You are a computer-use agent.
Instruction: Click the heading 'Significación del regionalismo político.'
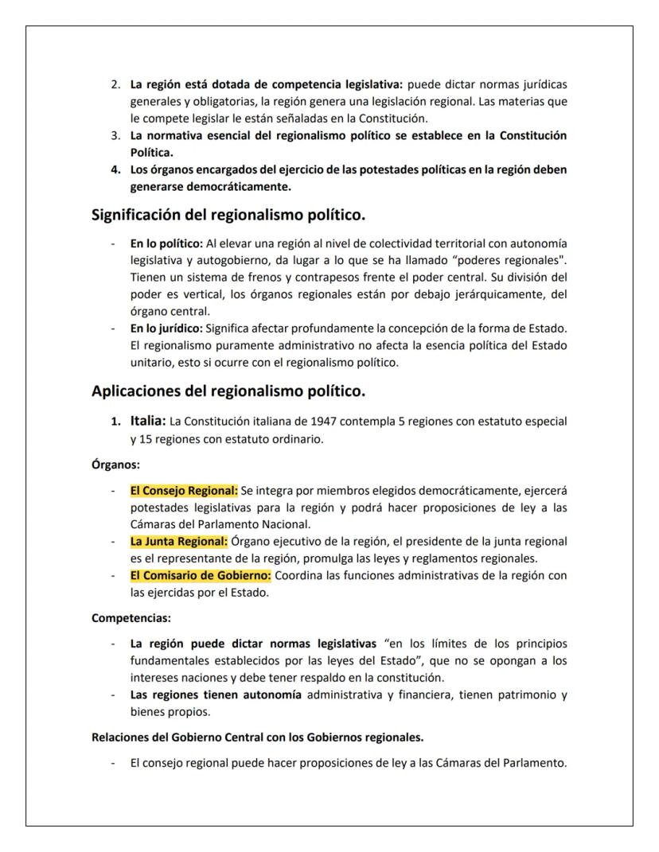pos(228,215)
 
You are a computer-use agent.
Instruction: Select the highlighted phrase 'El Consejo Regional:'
pos(184,491)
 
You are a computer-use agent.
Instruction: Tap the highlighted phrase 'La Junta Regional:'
pos(178,542)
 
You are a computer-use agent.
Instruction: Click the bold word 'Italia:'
pos(148,420)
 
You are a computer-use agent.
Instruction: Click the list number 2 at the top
pos(115,84)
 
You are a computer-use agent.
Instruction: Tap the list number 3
pos(115,135)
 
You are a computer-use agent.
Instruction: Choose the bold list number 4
pos(115,169)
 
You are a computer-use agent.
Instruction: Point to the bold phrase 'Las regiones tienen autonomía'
pos(216,694)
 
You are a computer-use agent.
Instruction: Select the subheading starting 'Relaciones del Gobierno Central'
pos(257,737)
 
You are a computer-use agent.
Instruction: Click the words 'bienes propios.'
pos(159,711)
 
